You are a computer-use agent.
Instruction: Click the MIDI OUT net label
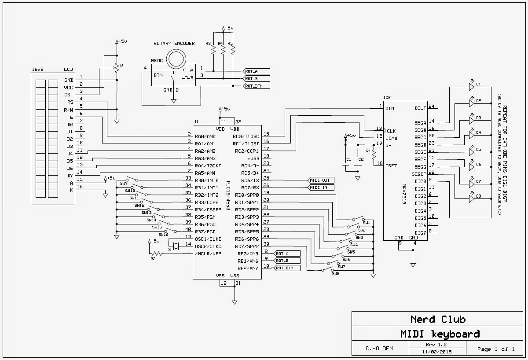click(x=321, y=180)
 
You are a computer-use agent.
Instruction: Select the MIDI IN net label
click(x=321, y=187)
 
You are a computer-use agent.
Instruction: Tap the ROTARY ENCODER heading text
click(x=174, y=44)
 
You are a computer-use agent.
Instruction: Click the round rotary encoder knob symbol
click(x=176, y=59)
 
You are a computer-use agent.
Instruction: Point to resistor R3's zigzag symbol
click(x=213, y=49)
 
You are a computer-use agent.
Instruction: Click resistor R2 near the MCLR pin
click(x=156, y=253)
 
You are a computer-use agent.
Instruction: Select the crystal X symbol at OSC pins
click(x=176, y=246)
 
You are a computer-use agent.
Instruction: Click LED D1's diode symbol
click(x=471, y=86)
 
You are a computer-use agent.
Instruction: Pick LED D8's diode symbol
click(x=471, y=198)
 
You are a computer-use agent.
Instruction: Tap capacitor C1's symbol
click(x=345, y=164)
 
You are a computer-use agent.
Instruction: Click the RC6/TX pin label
click(x=250, y=180)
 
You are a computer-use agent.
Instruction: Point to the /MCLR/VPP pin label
click(x=208, y=253)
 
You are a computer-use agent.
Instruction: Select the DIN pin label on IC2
click(x=390, y=108)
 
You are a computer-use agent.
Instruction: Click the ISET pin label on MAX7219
click(x=391, y=166)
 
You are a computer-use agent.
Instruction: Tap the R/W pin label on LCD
click(x=68, y=110)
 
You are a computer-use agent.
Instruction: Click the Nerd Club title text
click(x=438, y=320)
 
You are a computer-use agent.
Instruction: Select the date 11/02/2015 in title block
click(x=437, y=352)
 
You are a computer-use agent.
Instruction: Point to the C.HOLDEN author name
click(x=379, y=349)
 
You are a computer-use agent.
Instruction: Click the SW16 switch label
click(x=163, y=235)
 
